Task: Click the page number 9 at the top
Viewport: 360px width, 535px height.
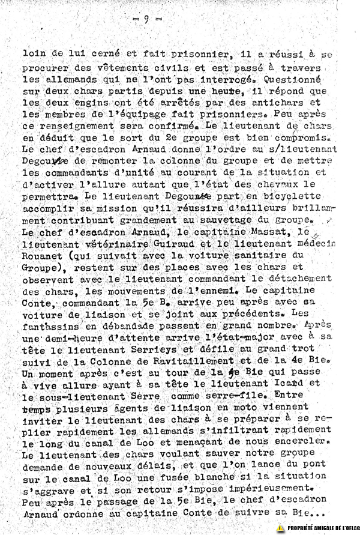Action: tap(146, 19)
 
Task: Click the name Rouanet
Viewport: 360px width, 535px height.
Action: tap(43, 254)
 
